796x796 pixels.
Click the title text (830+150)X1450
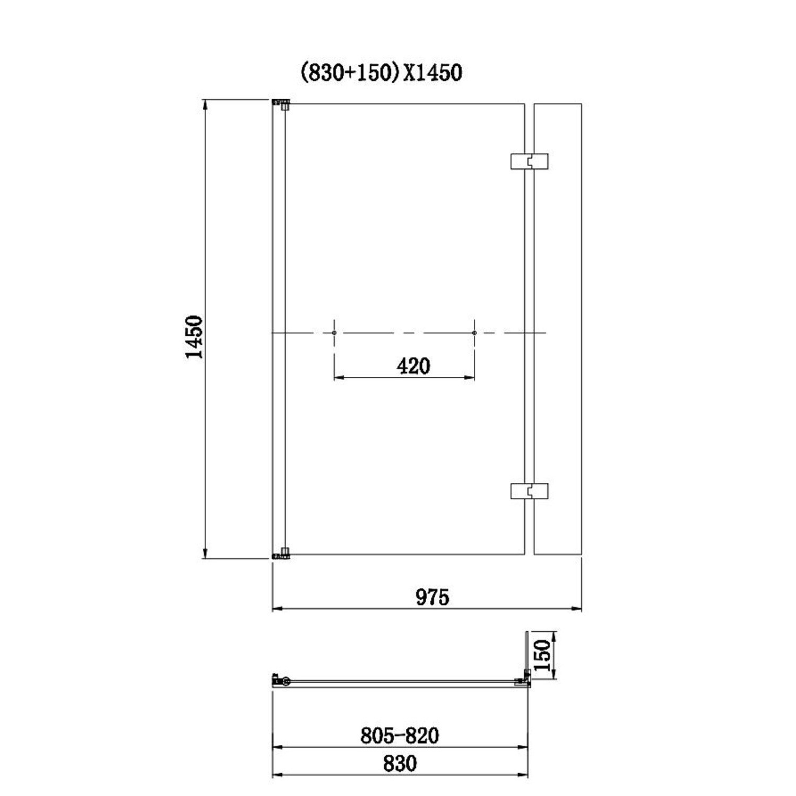pos(381,72)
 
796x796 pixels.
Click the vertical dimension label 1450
pos(194,337)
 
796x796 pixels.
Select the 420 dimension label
pos(413,366)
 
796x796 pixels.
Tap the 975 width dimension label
pos(432,597)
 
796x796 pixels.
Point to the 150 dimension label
pos(542,655)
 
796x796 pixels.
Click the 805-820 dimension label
pos(400,736)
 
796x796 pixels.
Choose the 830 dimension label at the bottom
pos(400,764)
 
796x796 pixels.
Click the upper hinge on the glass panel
pos(529,161)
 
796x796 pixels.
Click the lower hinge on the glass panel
pos(529,491)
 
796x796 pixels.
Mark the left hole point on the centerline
pos(334,333)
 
